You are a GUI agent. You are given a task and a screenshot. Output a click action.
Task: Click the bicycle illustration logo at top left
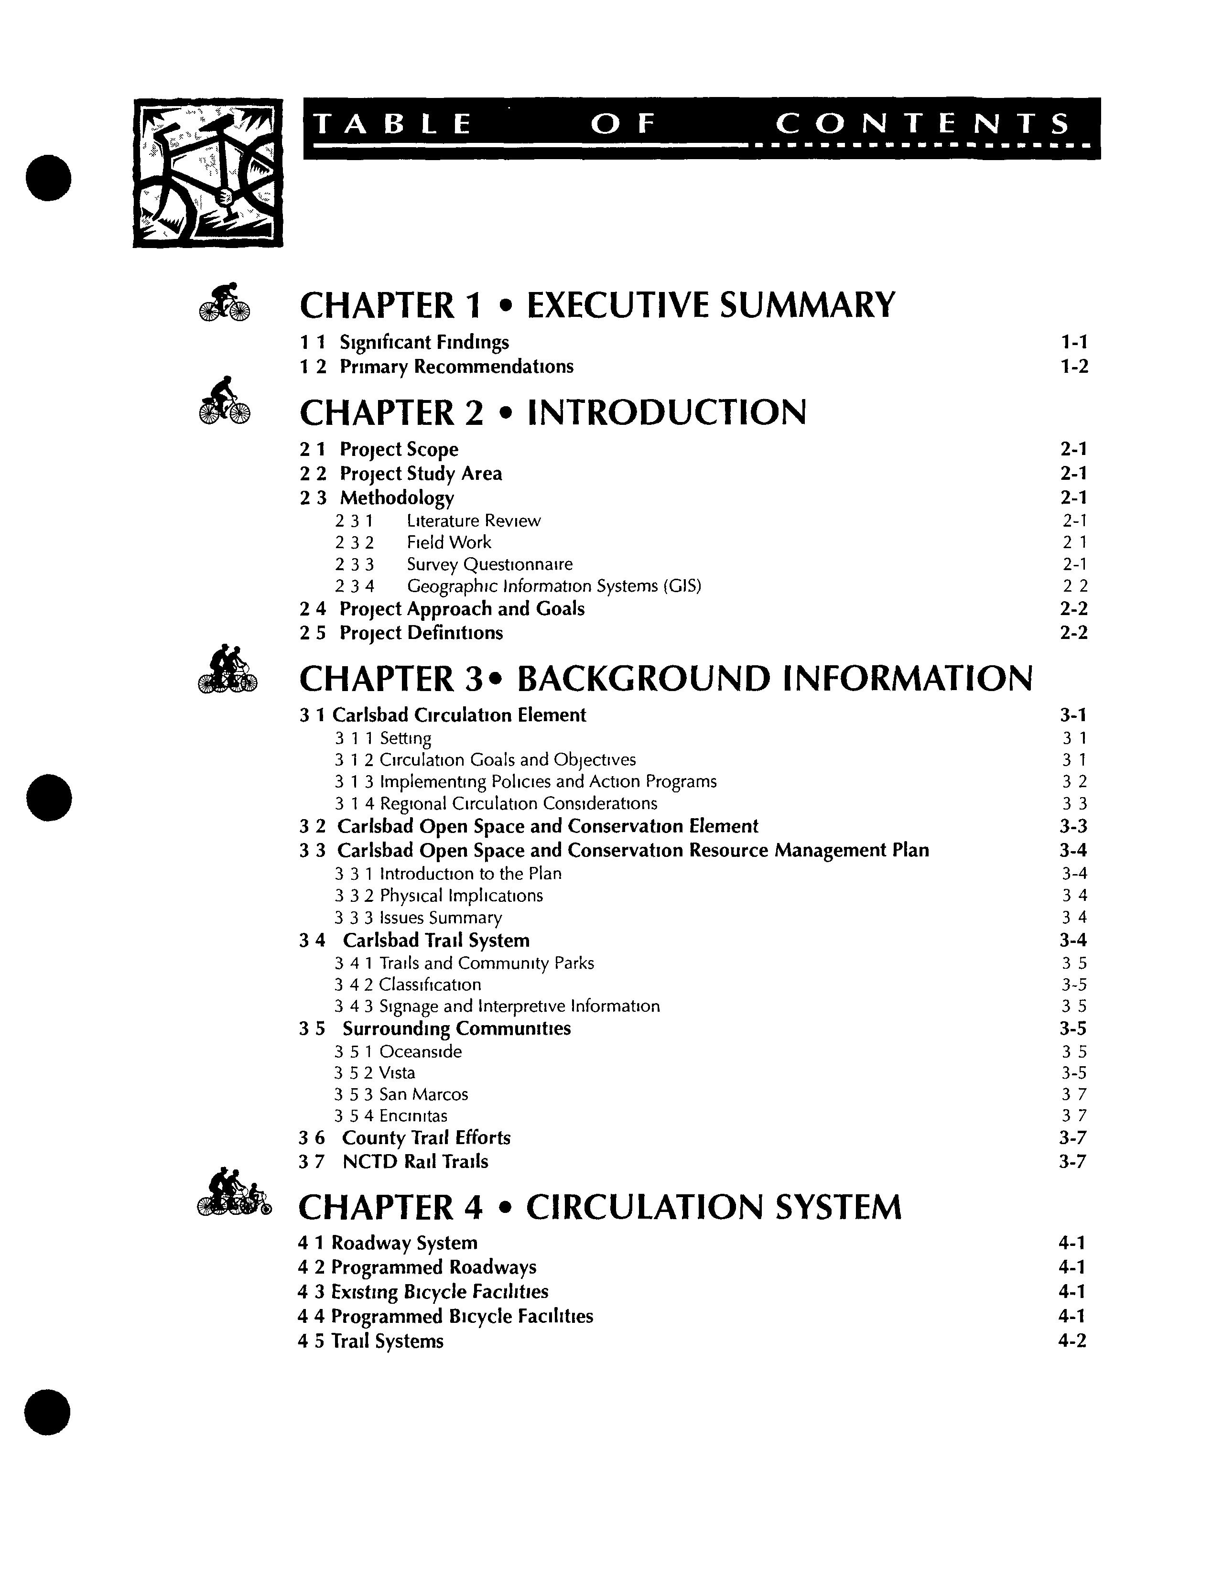pyautogui.click(x=208, y=173)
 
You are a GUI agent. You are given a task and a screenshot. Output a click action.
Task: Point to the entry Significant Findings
pyautogui.click(x=424, y=342)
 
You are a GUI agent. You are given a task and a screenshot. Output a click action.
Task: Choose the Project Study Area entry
pyautogui.click(x=421, y=474)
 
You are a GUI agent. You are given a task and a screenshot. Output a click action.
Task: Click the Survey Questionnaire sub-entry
pyautogui.click(x=489, y=564)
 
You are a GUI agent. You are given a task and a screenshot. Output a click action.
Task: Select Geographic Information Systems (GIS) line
pyautogui.click(x=553, y=586)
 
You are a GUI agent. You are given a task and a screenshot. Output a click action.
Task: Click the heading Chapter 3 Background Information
pyautogui.click(x=665, y=679)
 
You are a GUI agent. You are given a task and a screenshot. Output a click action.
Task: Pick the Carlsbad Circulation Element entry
pyautogui.click(x=459, y=715)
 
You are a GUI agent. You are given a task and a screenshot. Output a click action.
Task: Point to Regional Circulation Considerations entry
pyautogui.click(x=518, y=804)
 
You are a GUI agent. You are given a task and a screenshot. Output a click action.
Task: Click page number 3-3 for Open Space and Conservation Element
pyautogui.click(x=1073, y=827)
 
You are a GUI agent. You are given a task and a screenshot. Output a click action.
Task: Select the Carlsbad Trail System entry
pyautogui.click(x=436, y=941)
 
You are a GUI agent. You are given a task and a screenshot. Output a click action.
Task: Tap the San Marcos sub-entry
pyautogui.click(x=423, y=1094)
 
